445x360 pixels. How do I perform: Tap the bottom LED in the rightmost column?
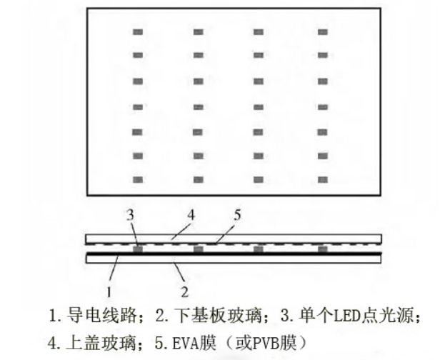[322, 179]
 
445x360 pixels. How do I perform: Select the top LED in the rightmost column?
[322, 32]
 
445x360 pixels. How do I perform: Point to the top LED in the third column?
[259, 32]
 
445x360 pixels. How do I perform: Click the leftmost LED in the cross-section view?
[138, 249]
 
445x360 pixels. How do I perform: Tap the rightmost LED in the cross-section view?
[322, 249]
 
